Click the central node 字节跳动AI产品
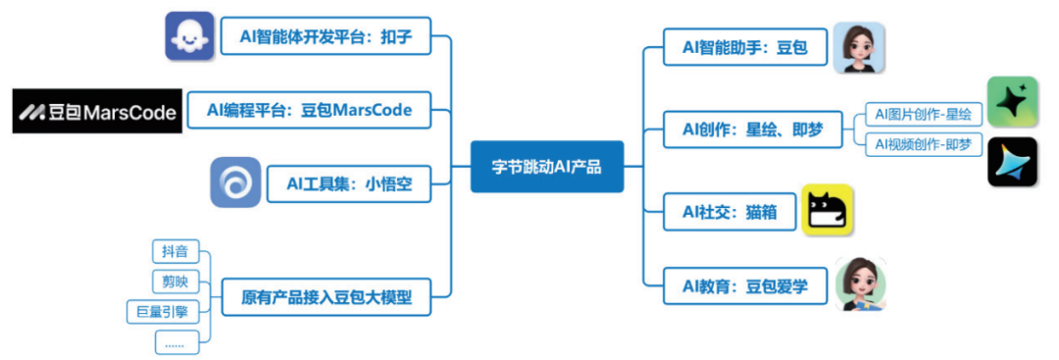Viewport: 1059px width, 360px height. pyautogui.click(x=546, y=167)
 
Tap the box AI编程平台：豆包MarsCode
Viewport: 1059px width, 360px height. pyautogui.click(x=309, y=110)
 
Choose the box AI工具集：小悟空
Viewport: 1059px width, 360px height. pyautogui.click(x=348, y=182)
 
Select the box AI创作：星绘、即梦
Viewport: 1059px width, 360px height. pyautogui.click(x=752, y=129)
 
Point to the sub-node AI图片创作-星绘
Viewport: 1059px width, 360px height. pyautogui.click(x=923, y=115)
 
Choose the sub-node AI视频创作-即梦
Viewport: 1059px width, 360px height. pyautogui.click(x=923, y=144)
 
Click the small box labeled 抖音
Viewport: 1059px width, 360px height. pyautogui.click(x=176, y=251)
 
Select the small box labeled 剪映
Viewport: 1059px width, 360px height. pyautogui.click(x=176, y=283)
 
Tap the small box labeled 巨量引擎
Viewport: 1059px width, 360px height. pyautogui.click(x=163, y=312)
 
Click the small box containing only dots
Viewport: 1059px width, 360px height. pyautogui.click(x=176, y=342)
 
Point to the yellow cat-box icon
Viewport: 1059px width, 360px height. pyautogui.click(x=828, y=210)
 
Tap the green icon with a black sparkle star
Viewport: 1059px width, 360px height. pyautogui.click(x=1012, y=102)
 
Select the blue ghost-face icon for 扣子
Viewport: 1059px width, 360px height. pyautogui.click(x=188, y=36)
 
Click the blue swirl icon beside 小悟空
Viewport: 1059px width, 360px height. pyautogui.click(x=235, y=182)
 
